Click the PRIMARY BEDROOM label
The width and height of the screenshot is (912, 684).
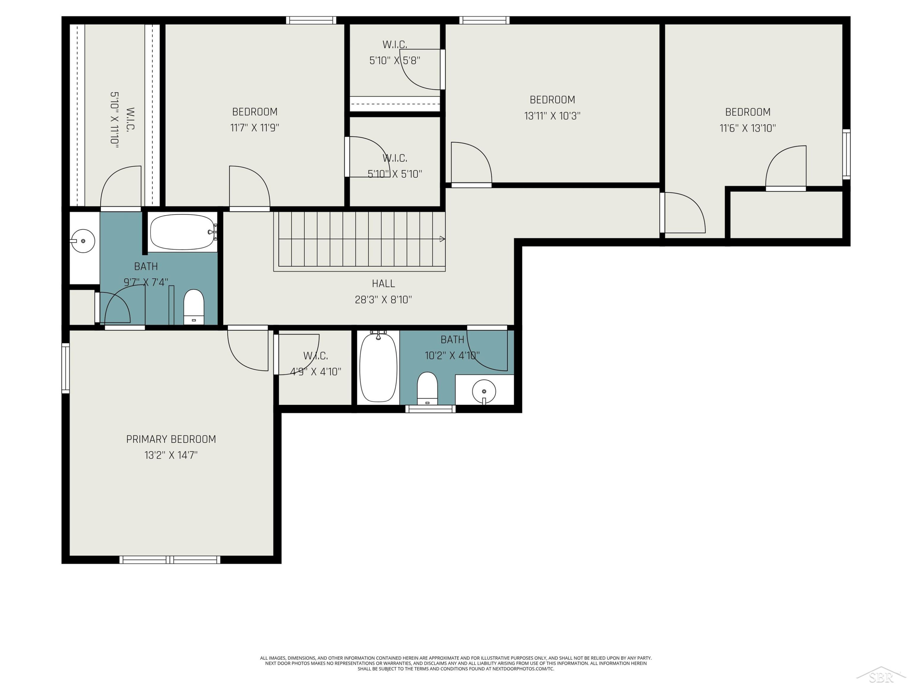click(171, 439)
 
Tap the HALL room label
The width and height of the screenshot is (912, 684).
click(383, 284)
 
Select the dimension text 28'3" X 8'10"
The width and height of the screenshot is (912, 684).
click(383, 300)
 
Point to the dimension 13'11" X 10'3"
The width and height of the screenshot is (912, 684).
click(552, 116)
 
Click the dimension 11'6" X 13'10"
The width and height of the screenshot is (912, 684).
click(748, 128)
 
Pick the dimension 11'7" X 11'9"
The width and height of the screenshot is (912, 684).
click(255, 128)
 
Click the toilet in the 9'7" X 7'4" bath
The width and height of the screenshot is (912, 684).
click(194, 307)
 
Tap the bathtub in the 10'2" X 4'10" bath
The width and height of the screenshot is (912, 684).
click(378, 367)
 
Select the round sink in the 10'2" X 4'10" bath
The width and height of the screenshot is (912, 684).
click(484, 391)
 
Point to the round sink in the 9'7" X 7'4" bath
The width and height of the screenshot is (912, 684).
click(83, 241)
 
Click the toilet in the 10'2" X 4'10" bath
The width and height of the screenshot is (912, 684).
click(427, 389)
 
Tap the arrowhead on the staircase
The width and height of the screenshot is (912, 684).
click(442, 239)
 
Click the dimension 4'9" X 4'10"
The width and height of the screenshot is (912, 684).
click(316, 372)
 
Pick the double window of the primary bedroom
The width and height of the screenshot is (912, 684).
click(170, 559)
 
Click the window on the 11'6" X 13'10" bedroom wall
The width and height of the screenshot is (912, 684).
click(846, 154)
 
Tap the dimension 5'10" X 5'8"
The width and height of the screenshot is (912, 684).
click(395, 60)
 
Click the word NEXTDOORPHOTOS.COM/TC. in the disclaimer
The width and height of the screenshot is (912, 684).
click(523, 669)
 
